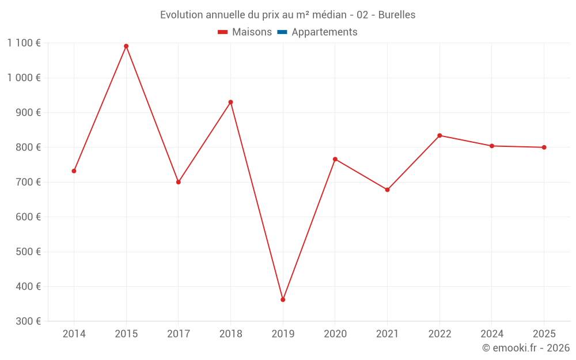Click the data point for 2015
coord(126,46)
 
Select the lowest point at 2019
coord(283,300)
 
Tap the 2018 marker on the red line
coord(230,102)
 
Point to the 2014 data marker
coord(74,171)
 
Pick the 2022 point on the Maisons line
coord(439,135)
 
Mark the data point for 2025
coord(544,147)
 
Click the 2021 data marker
coord(387,190)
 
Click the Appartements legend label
coord(324,32)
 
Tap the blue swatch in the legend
coord(282,32)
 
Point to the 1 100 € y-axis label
coord(24,43)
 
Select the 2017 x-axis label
coord(178,334)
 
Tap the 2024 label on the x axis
coord(492,334)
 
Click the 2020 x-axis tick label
coord(335,334)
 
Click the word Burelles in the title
coord(396,15)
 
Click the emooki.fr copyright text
coord(526,348)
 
